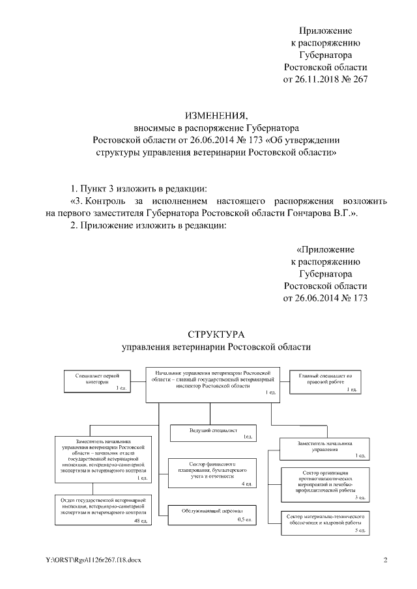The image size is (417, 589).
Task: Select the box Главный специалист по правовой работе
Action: pyautogui.click(x=324, y=380)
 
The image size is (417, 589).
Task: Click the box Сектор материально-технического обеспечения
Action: pyautogui.click(x=324, y=522)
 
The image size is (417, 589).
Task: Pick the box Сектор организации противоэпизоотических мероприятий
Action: pyautogui.click(x=324, y=484)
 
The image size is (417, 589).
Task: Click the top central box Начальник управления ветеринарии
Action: pyautogui.click(x=212, y=381)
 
